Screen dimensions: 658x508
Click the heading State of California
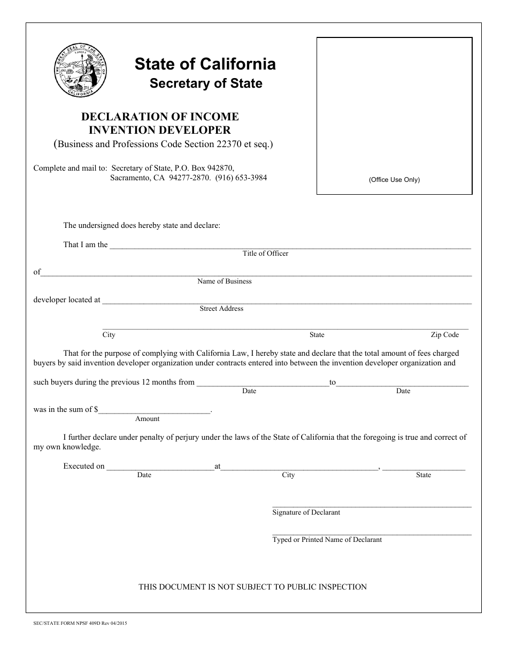205,64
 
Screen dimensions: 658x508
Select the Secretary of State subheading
205,83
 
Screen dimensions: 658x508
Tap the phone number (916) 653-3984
241,178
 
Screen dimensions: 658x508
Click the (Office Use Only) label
394,180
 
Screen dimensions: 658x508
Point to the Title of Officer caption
265,254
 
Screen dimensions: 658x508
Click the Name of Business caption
224,281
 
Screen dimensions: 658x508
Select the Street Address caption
221,309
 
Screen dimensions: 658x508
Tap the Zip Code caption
444,335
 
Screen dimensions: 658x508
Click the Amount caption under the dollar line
147,419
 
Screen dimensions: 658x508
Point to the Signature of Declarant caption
306,512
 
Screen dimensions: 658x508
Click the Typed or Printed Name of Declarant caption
327,540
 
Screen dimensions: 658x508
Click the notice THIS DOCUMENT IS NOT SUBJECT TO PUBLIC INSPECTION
252,587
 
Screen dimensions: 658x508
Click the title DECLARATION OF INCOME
159,117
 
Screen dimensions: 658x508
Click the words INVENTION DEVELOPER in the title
159,130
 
